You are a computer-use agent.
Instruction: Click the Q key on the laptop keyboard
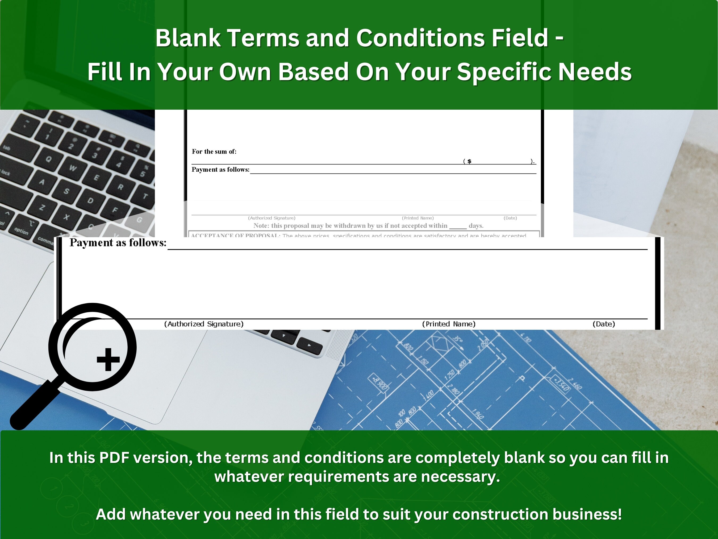(x=49, y=159)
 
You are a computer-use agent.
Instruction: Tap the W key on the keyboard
(x=73, y=168)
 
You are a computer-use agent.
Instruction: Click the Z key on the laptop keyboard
(x=42, y=207)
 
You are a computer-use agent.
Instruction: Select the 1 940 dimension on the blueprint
(x=478, y=414)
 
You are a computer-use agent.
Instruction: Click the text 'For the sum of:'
(x=214, y=151)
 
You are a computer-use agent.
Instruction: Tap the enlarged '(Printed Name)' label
(x=449, y=324)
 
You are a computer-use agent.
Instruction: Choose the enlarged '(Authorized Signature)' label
(x=204, y=324)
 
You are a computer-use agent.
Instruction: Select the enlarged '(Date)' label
(x=604, y=324)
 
